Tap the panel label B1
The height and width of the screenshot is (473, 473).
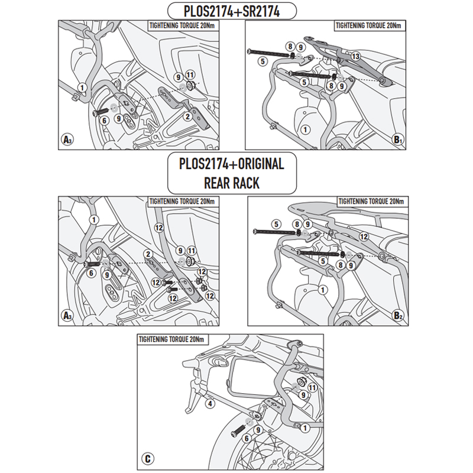coord(397,140)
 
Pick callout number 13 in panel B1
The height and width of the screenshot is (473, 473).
coord(355,56)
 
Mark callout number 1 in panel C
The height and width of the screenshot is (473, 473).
coord(304,427)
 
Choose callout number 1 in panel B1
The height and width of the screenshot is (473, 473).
coord(304,129)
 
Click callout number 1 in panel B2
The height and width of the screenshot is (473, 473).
coord(322,290)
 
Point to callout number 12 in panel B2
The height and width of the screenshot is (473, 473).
coord(364,236)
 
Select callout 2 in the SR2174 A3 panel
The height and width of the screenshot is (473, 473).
coord(187,117)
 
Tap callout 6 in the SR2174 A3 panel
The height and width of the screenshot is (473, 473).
coord(104,119)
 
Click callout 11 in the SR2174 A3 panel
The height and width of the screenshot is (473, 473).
coord(190,74)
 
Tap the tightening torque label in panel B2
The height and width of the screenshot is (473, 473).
coord(370,202)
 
